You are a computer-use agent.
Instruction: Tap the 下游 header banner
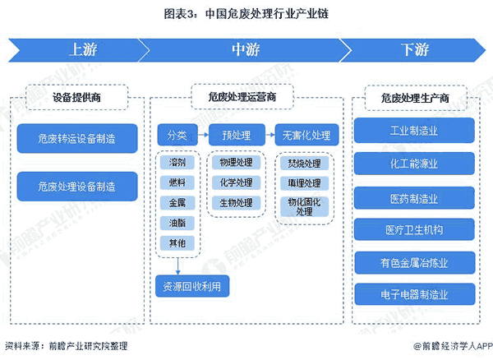(x=413, y=50)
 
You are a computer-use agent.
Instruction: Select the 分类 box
(x=177, y=135)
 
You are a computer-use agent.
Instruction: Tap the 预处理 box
(x=236, y=135)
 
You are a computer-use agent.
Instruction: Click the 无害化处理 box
(x=306, y=135)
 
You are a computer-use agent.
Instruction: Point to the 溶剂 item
(x=177, y=164)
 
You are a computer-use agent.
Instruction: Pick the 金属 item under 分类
(x=177, y=202)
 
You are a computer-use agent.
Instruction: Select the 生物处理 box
(x=236, y=202)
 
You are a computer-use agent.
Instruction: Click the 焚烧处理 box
(x=306, y=164)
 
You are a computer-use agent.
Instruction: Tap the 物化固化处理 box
(x=306, y=206)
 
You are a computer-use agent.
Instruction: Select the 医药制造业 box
(x=415, y=197)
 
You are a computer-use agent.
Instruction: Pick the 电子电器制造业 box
(x=415, y=294)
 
